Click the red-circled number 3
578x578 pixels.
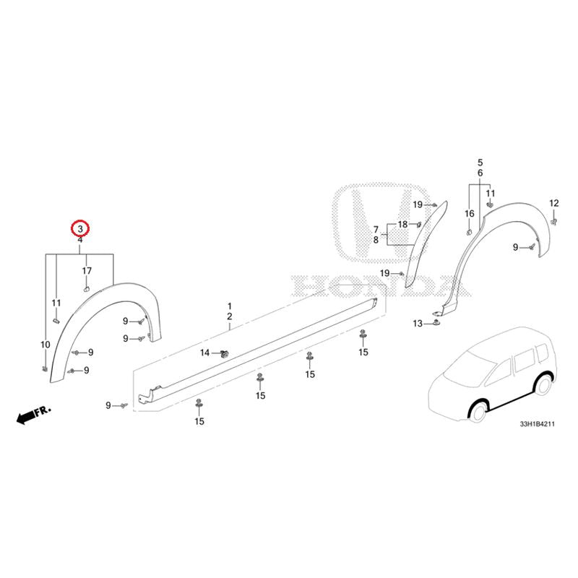(80, 229)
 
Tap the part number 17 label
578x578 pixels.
(87, 271)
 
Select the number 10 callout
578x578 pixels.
(46, 345)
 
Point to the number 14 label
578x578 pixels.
(205, 353)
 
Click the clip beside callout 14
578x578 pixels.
(223, 354)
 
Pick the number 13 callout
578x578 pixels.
(418, 324)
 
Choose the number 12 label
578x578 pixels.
(554, 203)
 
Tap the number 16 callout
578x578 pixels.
(469, 214)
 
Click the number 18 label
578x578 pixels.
(403, 224)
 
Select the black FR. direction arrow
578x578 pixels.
(26, 418)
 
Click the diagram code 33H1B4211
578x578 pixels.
(537, 424)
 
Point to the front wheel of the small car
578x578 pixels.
(478, 411)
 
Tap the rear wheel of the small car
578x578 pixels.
(543, 384)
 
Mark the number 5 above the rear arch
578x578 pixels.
(480, 163)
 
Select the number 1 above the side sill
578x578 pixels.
(230, 306)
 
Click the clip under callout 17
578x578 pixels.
(87, 288)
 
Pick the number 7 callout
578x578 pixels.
(376, 230)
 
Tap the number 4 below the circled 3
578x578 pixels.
(80, 240)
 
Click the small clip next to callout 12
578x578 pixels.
(554, 221)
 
